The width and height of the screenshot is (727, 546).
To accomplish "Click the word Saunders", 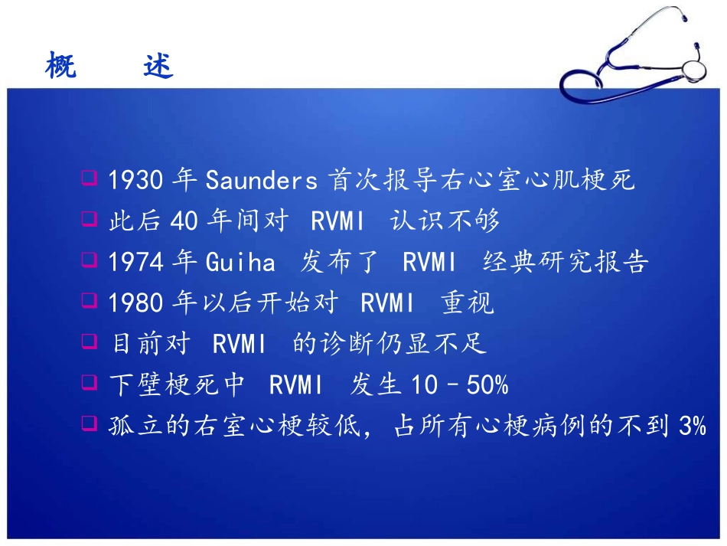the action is coord(262,179).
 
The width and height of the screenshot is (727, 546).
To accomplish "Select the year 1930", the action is coord(136,179).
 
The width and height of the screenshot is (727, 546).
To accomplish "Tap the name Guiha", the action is coord(240,261).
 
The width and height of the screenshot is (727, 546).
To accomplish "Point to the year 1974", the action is coord(136,262).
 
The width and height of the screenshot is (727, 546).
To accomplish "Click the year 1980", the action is coord(136,302).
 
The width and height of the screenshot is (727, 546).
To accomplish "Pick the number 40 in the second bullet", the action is coord(184,221).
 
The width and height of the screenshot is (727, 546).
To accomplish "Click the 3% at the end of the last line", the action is coord(693,425).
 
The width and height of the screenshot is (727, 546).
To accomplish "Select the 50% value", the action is coord(487,384).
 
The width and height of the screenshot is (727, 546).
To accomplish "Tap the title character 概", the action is coord(60,64).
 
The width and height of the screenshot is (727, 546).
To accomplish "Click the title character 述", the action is coord(158,65).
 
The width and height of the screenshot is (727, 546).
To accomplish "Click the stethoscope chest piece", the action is coord(693,70).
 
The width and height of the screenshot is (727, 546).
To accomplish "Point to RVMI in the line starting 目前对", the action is coord(239,344).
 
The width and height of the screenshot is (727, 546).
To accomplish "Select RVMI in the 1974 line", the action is coord(429,262).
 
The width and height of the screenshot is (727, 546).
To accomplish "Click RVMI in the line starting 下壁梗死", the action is coord(295,384).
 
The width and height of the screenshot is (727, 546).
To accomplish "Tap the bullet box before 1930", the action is coord(90,178).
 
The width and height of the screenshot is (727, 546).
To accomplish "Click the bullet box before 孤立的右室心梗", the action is coord(90,423).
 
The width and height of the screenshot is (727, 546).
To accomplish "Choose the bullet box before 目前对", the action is coord(90,342).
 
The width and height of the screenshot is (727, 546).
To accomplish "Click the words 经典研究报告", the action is coord(566,261).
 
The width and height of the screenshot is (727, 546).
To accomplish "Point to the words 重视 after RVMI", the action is coord(468,302).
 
